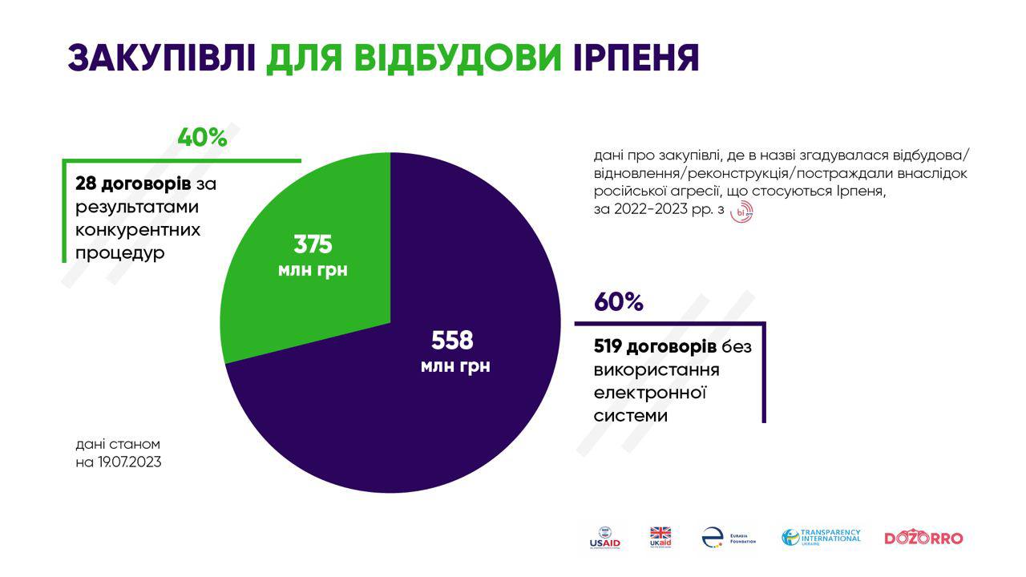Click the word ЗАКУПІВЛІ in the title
(x=161, y=58)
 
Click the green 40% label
(x=202, y=137)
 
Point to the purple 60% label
(x=618, y=302)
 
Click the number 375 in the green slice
(x=313, y=244)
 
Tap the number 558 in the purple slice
(x=452, y=341)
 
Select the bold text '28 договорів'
(x=133, y=184)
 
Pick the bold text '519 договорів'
(x=655, y=347)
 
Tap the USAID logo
(x=604, y=538)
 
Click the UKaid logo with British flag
(x=660, y=538)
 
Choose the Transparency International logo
(x=821, y=538)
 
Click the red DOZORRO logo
(x=923, y=538)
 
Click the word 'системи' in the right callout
(x=631, y=416)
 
